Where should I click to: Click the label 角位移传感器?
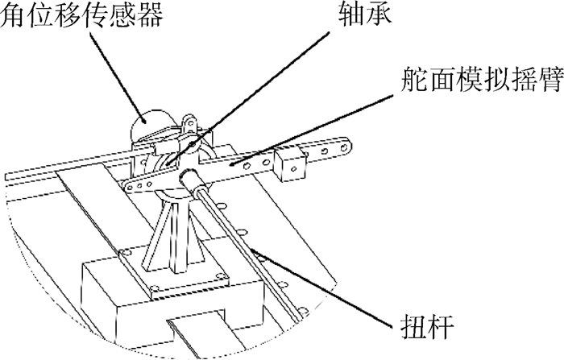[81, 14]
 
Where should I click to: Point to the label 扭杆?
[427, 326]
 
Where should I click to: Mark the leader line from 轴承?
[247, 98]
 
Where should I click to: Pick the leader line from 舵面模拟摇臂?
[312, 130]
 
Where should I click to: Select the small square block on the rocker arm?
[290, 164]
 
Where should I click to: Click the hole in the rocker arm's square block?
[294, 168]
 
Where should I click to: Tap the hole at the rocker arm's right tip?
[345, 147]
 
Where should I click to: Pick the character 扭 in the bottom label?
[413, 326]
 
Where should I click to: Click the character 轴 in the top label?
[351, 14]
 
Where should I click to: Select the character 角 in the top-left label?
[14, 14]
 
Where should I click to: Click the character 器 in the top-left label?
[150, 14]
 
